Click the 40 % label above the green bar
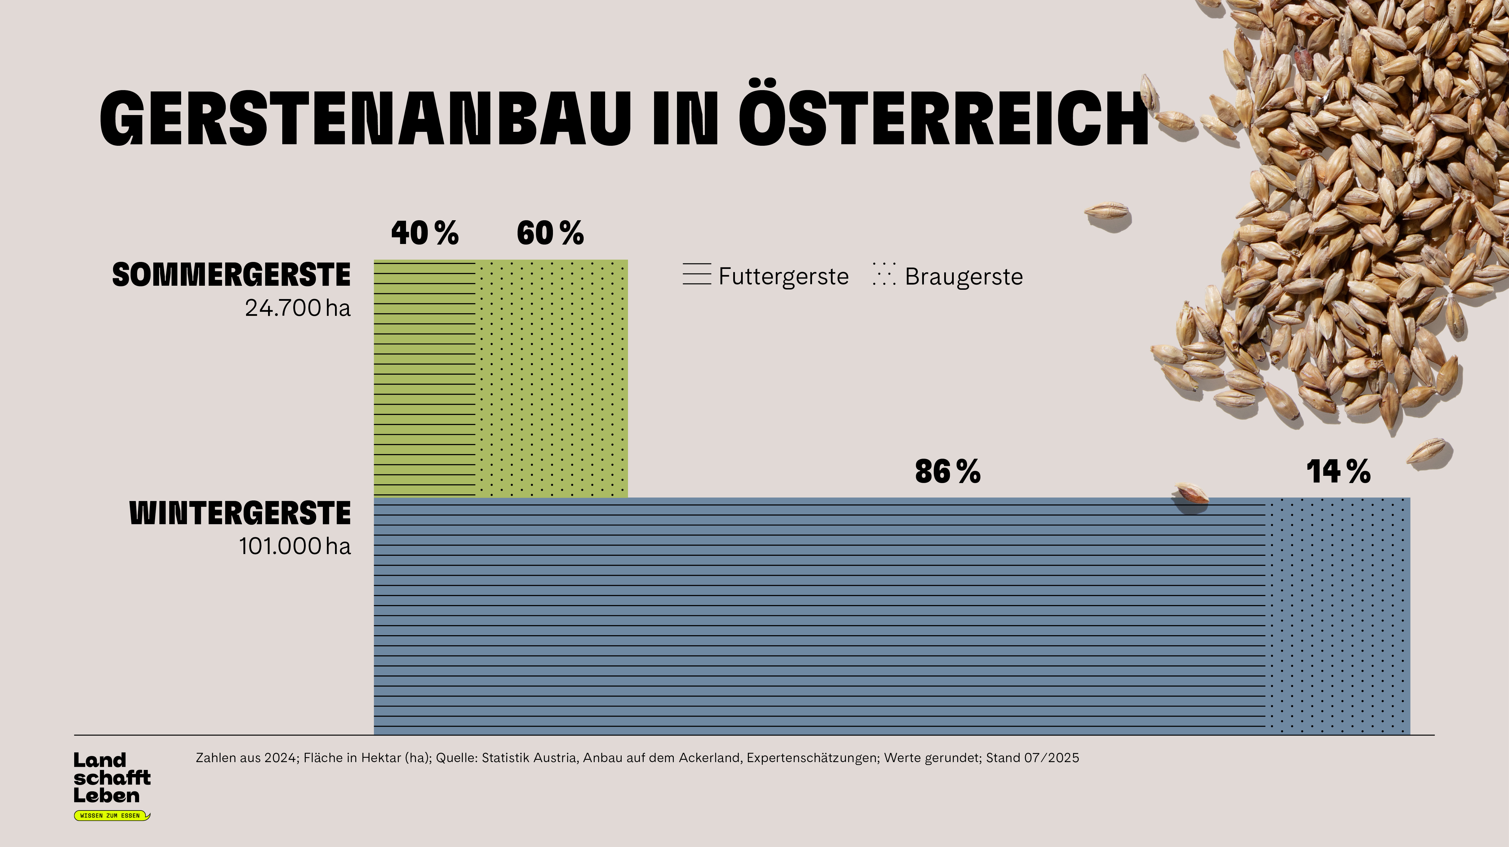[425, 233]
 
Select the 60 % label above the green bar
[550, 233]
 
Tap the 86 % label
[947, 471]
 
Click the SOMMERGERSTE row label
[231, 275]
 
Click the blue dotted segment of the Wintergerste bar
[1337, 615]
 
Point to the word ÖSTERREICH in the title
[943, 118]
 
